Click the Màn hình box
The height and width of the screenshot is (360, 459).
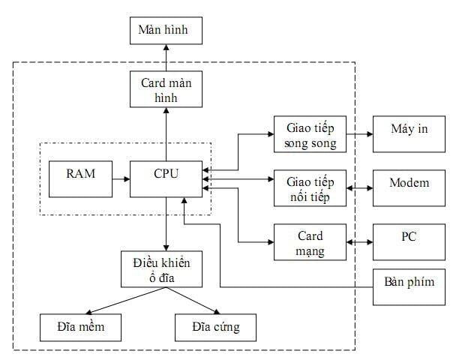(166, 31)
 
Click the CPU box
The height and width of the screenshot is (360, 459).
(166, 178)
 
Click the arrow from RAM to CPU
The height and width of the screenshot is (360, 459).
(119, 178)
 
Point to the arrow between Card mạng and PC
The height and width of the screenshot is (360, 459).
(359, 242)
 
